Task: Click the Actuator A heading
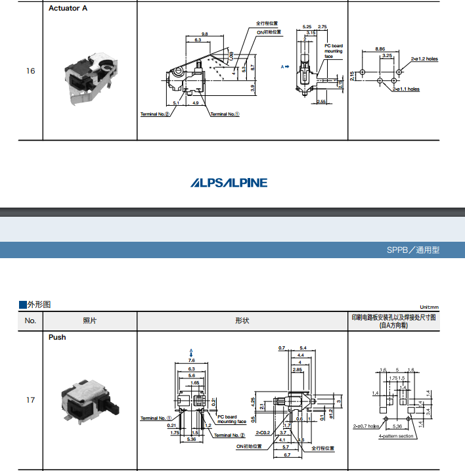click(68, 9)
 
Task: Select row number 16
click(30, 71)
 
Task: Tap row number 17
click(30, 399)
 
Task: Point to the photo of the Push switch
click(87, 400)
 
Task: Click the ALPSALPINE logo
click(229, 183)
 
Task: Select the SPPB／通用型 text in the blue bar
click(413, 250)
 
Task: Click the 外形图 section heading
click(38, 304)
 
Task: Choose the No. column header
click(30, 321)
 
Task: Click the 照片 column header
click(89, 321)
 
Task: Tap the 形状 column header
click(242, 321)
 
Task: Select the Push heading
click(57, 337)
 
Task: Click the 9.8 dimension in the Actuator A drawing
click(204, 34)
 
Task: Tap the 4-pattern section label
click(396, 436)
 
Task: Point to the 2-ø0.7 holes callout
click(366, 426)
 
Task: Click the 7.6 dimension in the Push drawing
click(191, 361)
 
